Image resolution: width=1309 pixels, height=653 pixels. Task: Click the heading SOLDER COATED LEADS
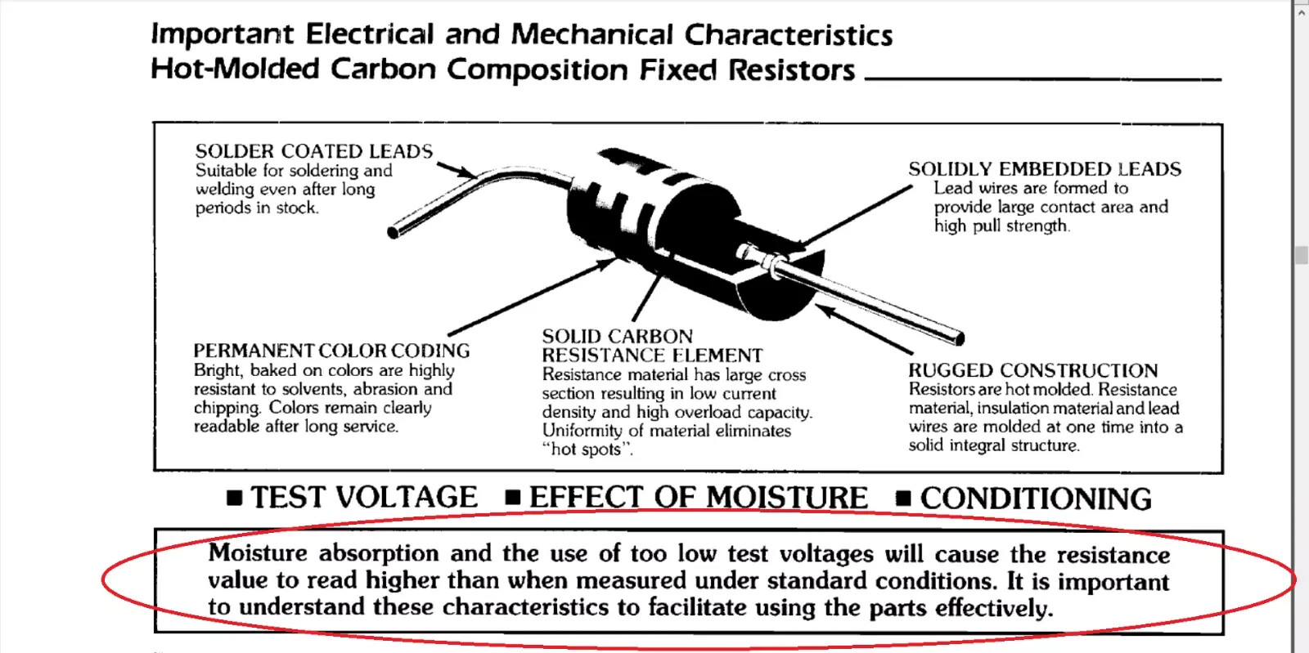pos(314,151)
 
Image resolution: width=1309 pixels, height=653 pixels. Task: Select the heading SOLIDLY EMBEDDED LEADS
pos(1044,169)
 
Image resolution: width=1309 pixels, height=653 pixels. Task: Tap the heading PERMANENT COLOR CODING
pos(331,351)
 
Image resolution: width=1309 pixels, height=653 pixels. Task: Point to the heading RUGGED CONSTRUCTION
pos(1032,370)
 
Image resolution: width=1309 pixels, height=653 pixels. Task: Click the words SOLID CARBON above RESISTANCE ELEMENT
pos(617,336)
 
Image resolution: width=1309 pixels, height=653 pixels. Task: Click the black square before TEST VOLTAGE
pos(234,498)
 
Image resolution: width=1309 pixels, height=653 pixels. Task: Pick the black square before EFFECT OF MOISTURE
pos(512,497)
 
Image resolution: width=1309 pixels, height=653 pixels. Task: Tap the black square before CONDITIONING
pos(903,499)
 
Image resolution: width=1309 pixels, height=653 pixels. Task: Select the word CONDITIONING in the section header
pos(1036,499)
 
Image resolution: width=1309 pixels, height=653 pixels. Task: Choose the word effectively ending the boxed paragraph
pos(994,608)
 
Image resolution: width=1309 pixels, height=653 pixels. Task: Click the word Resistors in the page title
pos(791,69)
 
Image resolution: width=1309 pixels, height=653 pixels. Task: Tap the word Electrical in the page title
pos(369,34)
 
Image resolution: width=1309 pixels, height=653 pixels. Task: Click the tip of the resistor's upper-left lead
pos(393,233)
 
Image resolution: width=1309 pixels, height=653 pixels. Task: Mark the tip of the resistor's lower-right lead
pos(960,338)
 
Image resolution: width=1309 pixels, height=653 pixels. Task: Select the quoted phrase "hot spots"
pos(587,449)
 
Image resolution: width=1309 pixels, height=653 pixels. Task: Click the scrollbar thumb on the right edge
pos(1301,255)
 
